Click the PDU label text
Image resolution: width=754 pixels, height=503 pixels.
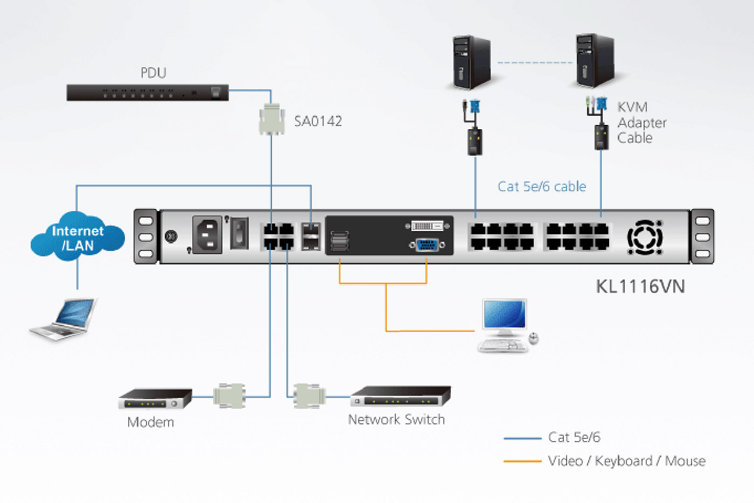(x=153, y=73)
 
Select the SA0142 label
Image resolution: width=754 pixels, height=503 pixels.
(x=318, y=121)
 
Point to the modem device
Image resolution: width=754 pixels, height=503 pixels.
(x=155, y=399)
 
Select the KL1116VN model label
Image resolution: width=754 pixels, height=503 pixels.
(x=640, y=287)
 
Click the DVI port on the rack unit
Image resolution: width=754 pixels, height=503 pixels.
(x=427, y=226)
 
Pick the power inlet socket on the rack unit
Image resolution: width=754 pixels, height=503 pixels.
(x=207, y=235)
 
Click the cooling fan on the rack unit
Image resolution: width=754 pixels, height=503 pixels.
(x=645, y=237)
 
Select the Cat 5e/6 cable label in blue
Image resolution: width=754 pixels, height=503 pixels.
(x=541, y=186)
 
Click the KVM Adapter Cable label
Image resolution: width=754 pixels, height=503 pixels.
(x=641, y=123)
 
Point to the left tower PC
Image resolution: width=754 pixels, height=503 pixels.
(x=472, y=62)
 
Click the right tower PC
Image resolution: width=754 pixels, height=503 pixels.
(x=595, y=60)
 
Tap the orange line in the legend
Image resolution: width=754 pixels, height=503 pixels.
(x=522, y=461)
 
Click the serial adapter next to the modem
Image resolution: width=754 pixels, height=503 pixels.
(x=229, y=396)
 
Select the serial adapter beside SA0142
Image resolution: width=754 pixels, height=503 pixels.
(x=271, y=119)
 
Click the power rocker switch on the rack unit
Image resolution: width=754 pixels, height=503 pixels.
(x=239, y=233)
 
